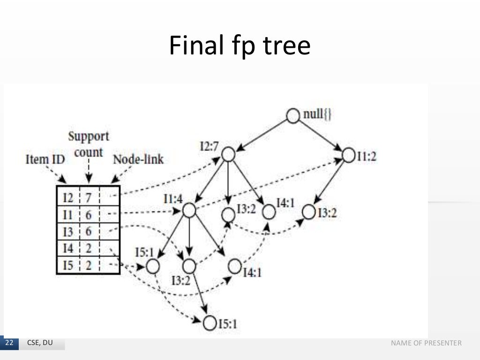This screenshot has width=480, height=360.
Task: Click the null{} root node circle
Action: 293,116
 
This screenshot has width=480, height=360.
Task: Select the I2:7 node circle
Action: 228,154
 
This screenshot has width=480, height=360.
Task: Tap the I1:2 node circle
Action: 349,156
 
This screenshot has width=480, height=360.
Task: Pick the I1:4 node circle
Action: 189,210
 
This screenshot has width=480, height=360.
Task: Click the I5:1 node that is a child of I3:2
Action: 210,322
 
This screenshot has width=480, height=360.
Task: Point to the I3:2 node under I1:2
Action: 308,212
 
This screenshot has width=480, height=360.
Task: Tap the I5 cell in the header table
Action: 68,266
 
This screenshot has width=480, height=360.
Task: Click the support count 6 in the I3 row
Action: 88,232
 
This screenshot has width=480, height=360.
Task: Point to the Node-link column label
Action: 138,159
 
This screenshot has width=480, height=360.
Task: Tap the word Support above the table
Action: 89,136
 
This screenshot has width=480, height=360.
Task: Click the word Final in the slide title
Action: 191,46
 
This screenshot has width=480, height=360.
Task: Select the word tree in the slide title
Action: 289,46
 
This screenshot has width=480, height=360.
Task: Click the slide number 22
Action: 9,344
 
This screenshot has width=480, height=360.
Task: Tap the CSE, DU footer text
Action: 40,344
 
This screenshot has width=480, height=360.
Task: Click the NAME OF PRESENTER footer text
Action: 426,344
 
